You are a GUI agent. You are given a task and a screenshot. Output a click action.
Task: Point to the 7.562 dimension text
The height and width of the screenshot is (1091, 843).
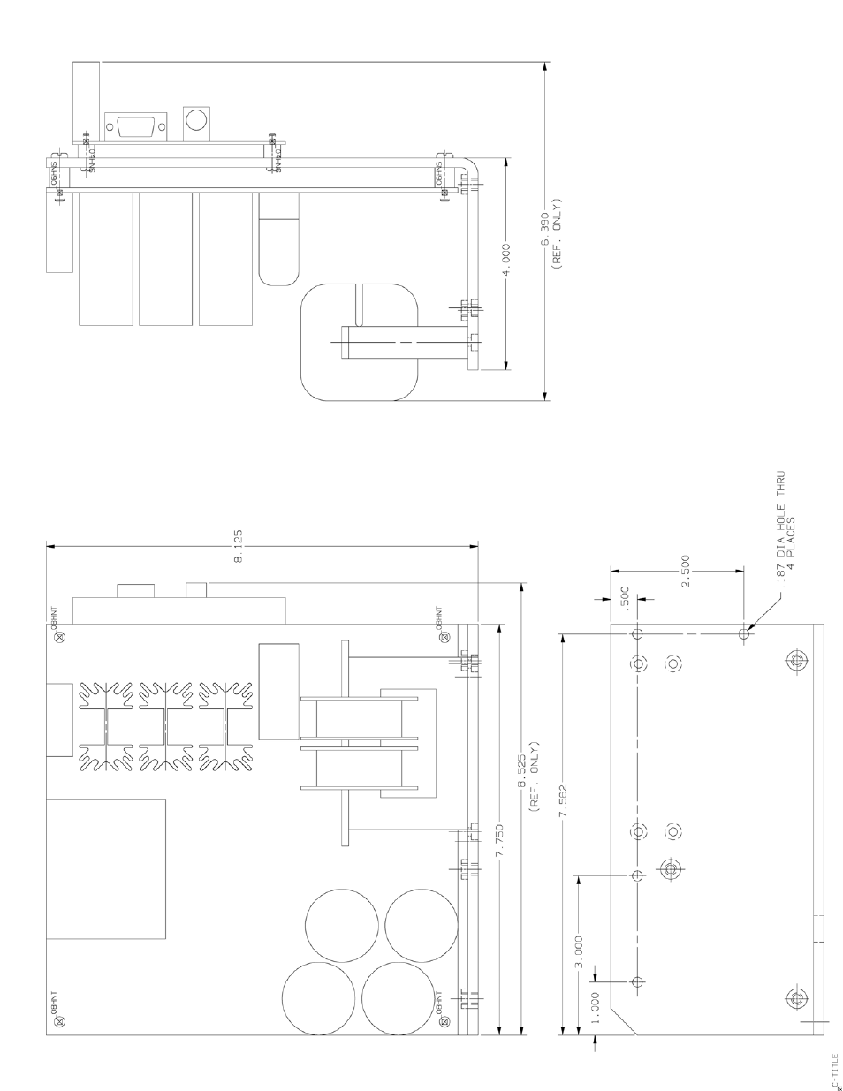coord(562,801)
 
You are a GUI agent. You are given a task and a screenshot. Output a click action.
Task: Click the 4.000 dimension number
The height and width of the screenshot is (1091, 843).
coord(505,258)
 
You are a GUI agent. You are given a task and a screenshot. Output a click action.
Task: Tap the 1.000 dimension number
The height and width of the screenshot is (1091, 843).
coord(594,1002)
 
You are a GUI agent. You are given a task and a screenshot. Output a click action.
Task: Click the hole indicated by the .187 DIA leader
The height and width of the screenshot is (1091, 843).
coord(744,633)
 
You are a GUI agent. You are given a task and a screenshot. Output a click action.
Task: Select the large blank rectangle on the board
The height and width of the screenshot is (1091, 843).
coord(105,868)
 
